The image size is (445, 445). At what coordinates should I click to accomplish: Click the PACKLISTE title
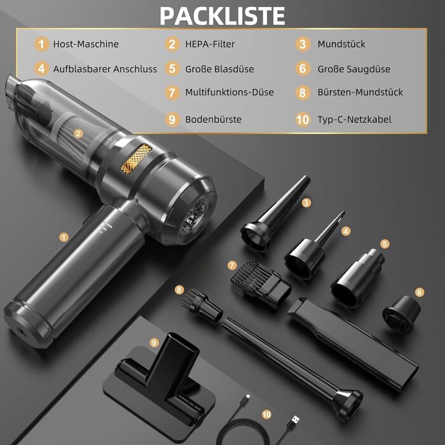click(x=222, y=16)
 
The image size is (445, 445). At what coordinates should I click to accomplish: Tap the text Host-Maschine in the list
click(x=86, y=44)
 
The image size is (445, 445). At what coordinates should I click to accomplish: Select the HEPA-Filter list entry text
click(x=210, y=44)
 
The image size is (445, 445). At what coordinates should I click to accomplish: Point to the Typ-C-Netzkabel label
click(x=355, y=120)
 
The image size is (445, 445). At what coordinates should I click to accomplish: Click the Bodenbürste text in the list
click(x=214, y=120)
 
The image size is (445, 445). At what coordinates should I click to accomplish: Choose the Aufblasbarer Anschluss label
click(x=105, y=69)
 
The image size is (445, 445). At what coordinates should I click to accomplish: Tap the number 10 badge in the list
click(x=303, y=120)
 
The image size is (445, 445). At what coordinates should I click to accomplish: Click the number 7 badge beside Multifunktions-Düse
click(x=172, y=93)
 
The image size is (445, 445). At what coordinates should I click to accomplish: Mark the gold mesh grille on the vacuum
click(x=136, y=159)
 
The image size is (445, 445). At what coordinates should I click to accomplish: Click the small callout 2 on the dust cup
click(x=78, y=133)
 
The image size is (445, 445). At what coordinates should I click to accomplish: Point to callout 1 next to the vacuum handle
click(x=64, y=237)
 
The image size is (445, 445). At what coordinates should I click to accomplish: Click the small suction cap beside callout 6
click(x=401, y=314)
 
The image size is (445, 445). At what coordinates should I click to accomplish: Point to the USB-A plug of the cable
click(x=292, y=423)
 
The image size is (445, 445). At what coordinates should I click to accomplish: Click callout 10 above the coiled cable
click(x=266, y=414)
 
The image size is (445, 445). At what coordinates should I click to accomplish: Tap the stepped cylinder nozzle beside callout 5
click(x=357, y=278)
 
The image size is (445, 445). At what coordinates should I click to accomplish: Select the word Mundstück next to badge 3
click(x=341, y=44)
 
